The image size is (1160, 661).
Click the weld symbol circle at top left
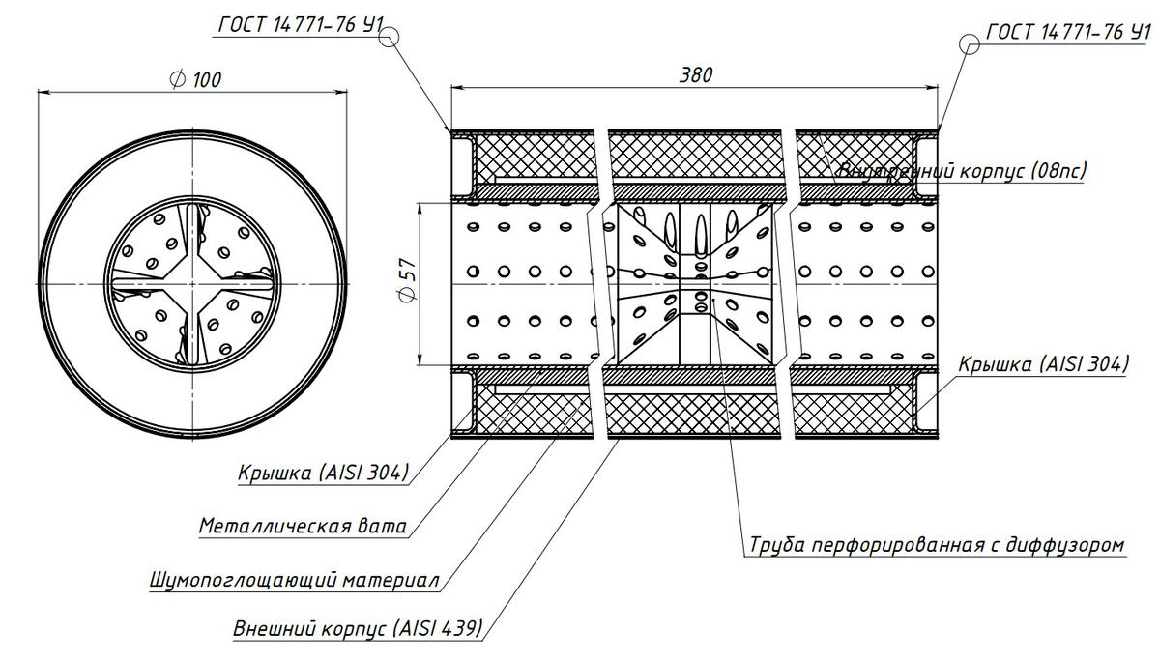(x=390, y=38)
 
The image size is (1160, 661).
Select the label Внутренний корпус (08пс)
(x=963, y=172)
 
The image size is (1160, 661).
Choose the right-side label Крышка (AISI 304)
(x=1043, y=364)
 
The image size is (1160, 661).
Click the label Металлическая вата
(x=303, y=527)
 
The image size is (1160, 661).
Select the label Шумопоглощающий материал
(x=296, y=582)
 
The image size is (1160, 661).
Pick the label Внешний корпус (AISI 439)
(x=358, y=628)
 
